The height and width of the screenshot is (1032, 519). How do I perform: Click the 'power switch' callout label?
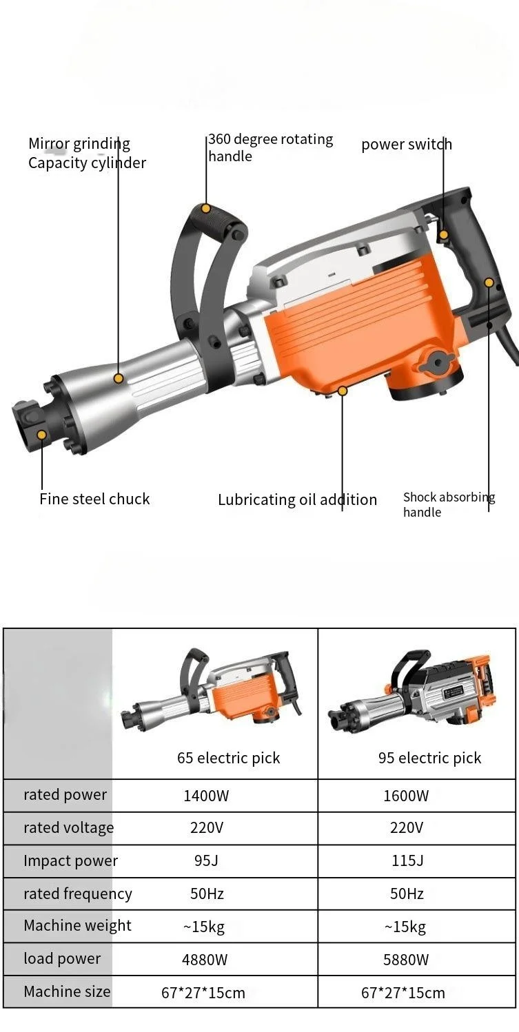point(407,144)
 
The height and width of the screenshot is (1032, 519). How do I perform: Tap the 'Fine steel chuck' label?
point(94,499)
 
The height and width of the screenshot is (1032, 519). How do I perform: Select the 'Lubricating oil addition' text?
point(297,499)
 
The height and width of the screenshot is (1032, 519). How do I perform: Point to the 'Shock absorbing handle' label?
point(449,504)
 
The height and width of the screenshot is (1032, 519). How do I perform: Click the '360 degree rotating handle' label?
point(270,147)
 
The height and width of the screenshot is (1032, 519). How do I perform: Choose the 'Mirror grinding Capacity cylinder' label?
point(87,153)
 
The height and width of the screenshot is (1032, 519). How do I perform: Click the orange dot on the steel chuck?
point(42,435)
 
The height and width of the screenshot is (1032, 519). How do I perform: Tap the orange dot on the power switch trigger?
point(444,235)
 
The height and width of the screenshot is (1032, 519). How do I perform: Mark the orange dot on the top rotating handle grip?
point(205,208)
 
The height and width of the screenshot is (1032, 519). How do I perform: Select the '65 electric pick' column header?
point(228,758)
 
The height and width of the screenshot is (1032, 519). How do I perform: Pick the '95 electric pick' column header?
point(429,758)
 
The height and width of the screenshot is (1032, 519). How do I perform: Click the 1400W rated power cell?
point(206,796)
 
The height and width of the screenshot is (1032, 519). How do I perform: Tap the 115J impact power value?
point(407,860)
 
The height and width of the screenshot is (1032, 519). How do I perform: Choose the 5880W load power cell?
point(406,959)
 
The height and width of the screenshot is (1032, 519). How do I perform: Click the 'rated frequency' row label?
point(77,894)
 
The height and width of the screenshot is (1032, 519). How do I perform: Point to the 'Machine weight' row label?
point(77,926)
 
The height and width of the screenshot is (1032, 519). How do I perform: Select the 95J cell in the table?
point(206,860)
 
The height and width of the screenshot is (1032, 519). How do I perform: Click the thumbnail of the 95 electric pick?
point(411,692)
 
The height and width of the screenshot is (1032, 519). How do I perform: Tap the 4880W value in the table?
point(205,959)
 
